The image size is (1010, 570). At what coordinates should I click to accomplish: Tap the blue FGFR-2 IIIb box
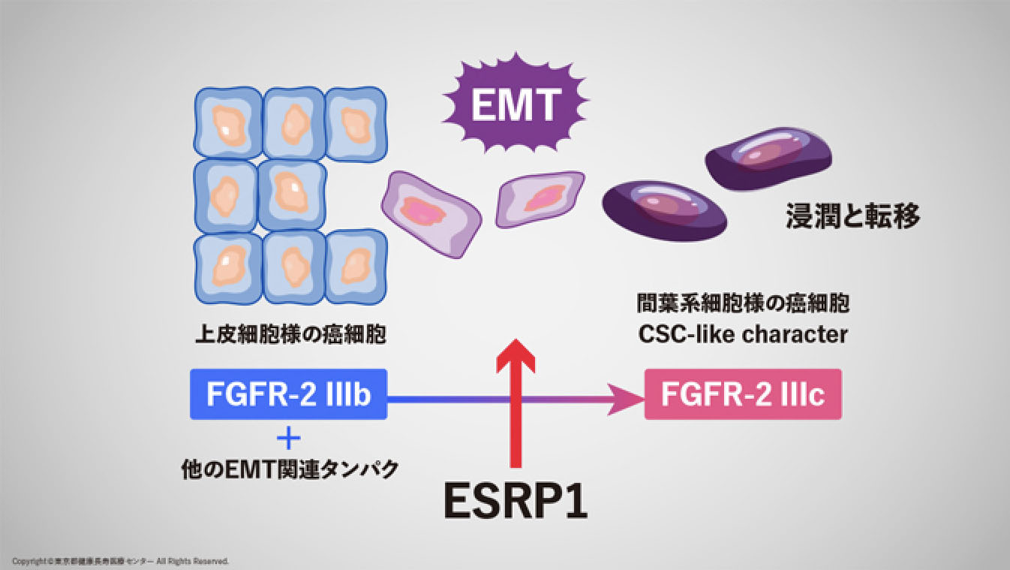pyautogui.click(x=289, y=394)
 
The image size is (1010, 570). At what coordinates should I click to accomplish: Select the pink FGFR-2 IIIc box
pyautogui.click(x=743, y=394)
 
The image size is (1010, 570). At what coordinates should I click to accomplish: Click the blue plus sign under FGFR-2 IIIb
pyautogui.click(x=288, y=438)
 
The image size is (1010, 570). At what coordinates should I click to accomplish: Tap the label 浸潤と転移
pyautogui.click(x=852, y=217)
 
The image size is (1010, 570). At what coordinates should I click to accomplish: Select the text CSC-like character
pyautogui.click(x=743, y=334)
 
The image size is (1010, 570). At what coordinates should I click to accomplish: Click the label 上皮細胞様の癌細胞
pyautogui.click(x=290, y=334)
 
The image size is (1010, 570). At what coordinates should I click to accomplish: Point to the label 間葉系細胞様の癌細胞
pyautogui.click(x=743, y=305)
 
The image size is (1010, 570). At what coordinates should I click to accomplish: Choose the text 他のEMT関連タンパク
pyautogui.click(x=290, y=469)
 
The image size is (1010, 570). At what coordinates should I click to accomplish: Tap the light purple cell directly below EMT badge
pyautogui.click(x=540, y=198)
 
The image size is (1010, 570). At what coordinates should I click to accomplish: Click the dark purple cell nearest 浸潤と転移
pyautogui.click(x=768, y=158)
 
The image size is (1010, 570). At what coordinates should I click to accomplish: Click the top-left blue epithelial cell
pyautogui.click(x=227, y=123)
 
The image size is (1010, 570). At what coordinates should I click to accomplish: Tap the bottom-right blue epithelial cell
pyautogui.click(x=355, y=266)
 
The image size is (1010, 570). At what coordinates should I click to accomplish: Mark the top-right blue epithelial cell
pyautogui.click(x=355, y=123)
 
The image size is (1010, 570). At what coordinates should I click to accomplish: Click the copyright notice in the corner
pyautogui.click(x=120, y=561)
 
